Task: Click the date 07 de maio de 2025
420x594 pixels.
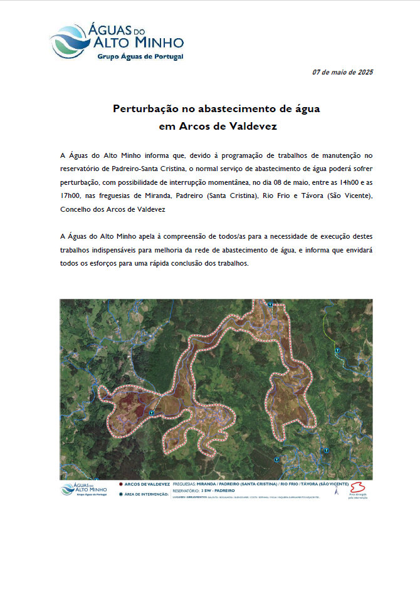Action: point(342,73)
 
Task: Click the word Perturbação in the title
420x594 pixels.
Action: point(145,108)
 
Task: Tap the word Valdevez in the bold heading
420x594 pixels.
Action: point(254,125)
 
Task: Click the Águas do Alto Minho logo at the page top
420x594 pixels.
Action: point(117,41)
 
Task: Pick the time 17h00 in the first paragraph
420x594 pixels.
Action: point(71,197)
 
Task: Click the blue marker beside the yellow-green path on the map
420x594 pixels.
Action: point(337,350)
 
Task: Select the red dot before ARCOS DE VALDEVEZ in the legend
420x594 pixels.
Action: point(119,485)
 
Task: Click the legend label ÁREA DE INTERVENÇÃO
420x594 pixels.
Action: point(147,494)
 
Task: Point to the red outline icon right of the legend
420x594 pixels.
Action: point(359,487)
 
